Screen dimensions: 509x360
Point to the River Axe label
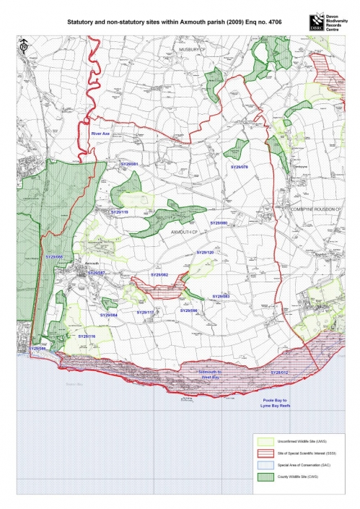pyautogui.click(x=100, y=134)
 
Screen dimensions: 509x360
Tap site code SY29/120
pyautogui.click(x=206, y=252)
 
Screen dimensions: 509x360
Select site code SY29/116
pyautogui.click(x=87, y=336)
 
